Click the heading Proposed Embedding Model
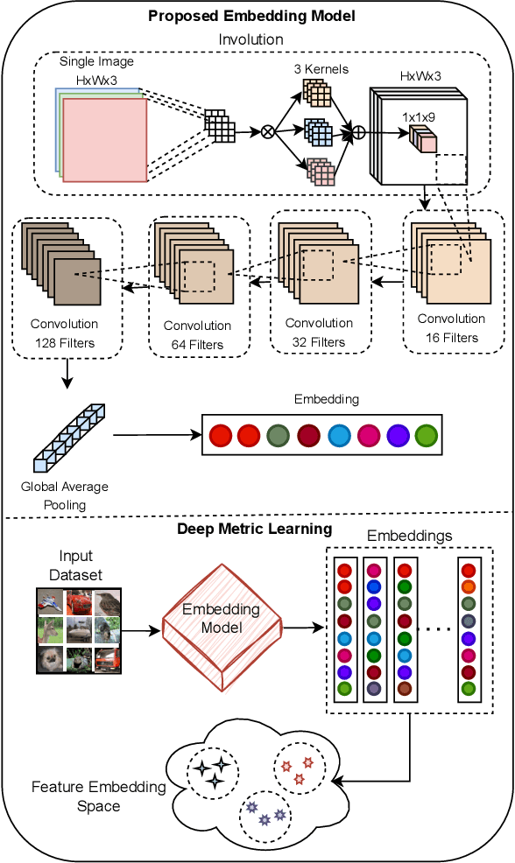(x=251, y=17)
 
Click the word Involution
(x=250, y=39)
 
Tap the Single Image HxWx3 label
(x=96, y=69)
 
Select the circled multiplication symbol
(x=267, y=132)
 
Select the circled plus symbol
(x=358, y=132)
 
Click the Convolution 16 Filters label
(x=451, y=328)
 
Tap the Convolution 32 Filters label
(x=319, y=333)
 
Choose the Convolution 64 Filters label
(x=198, y=335)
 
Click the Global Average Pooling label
(x=65, y=495)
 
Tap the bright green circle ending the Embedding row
(x=425, y=435)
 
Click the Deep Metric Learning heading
(x=254, y=529)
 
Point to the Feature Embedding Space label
(x=99, y=796)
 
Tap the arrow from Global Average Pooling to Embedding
(x=152, y=435)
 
